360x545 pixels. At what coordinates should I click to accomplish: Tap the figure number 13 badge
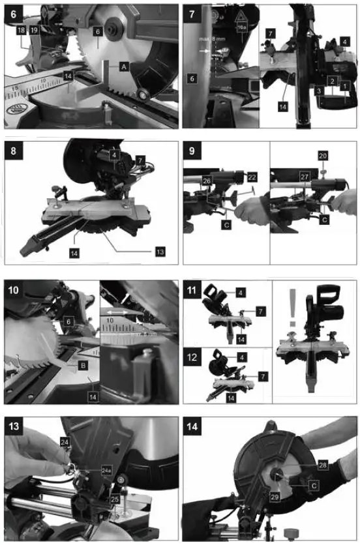14,426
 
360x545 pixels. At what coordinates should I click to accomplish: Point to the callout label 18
21,31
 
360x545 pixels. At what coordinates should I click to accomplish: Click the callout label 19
33,31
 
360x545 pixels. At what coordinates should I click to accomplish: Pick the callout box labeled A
123,66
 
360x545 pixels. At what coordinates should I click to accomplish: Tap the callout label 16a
242,28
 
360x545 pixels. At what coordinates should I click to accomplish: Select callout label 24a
87,469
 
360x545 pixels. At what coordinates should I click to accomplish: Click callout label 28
323,465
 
